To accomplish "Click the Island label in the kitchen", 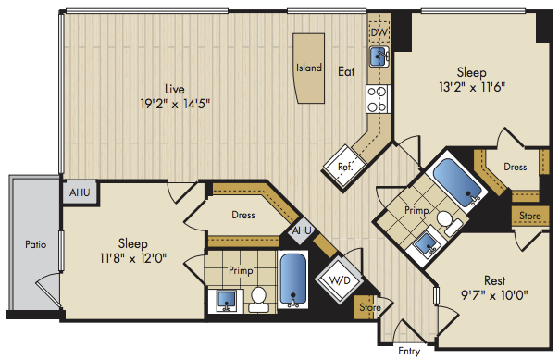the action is [x=309, y=68].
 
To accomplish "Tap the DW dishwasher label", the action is [x=379, y=32].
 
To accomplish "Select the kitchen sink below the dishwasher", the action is [x=379, y=56].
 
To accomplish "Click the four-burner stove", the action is [x=378, y=99].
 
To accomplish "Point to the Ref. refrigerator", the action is [x=344, y=165].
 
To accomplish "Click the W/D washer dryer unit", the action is [x=340, y=280].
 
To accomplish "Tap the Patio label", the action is [x=36, y=244].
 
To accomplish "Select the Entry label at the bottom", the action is [x=409, y=351].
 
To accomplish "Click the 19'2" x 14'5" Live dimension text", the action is [x=175, y=104].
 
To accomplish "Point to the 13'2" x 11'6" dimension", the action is [x=472, y=87].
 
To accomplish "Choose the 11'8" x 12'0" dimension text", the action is [x=133, y=258].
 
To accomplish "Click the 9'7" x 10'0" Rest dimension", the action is [x=494, y=295].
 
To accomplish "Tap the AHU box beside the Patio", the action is [x=80, y=192].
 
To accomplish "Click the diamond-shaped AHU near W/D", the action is [x=302, y=230].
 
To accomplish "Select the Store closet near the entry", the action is [x=367, y=307].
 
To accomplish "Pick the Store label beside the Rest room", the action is [x=529, y=216].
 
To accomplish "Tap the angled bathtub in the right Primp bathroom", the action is [x=458, y=182].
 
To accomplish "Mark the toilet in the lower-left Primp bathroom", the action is [x=258, y=300].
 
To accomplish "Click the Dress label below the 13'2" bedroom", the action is [x=516, y=167].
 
